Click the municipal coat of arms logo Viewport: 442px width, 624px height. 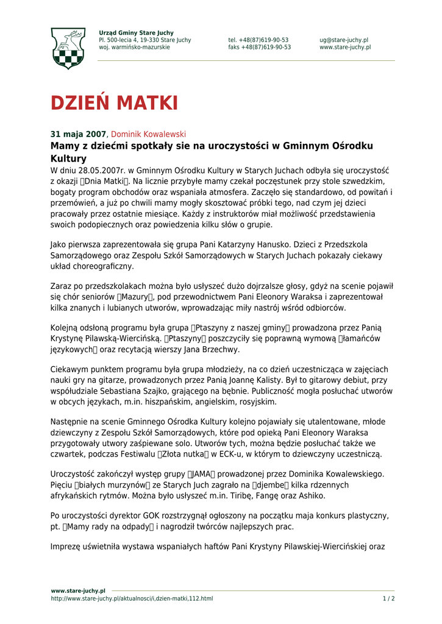pyautogui.click(x=68, y=48)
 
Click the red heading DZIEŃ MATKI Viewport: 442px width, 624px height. pyautogui.click(x=114, y=103)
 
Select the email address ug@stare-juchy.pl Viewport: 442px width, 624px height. pyautogui.click(x=343, y=40)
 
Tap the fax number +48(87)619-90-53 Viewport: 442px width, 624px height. pyautogui.click(x=260, y=48)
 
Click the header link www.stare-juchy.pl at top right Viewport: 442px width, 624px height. pyautogui.click(x=344, y=48)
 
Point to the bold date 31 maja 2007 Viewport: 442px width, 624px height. pyautogui.click(x=78, y=134)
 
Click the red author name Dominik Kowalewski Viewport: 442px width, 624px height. pyautogui.click(x=148, y=134)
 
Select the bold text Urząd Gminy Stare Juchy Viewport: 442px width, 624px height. pyautogui.click(x=136, y=33)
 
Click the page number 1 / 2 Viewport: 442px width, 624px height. pyautogui.click(x=388, y=598)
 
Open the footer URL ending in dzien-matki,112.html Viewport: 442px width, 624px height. pyautogui.click(x=132, y=598)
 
